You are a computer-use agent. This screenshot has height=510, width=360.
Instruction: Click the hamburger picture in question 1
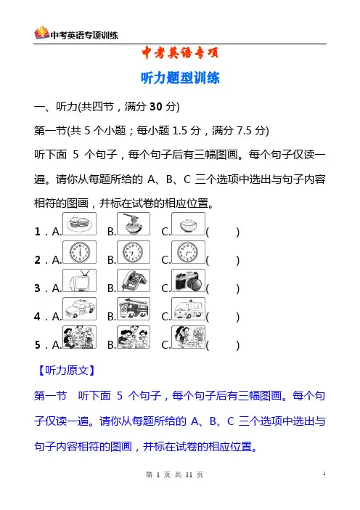79,224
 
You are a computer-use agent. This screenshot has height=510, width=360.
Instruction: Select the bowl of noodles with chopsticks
134,224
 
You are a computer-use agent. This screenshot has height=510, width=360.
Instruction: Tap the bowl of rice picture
188,224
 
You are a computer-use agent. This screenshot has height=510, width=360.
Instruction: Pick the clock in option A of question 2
79,252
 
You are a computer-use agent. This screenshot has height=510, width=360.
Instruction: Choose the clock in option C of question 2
188,252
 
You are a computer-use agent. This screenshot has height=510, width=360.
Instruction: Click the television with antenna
79,280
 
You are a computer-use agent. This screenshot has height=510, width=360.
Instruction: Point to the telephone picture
134,280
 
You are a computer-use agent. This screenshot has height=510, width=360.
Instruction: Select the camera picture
188,280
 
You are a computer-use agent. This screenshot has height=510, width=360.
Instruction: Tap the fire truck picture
134,309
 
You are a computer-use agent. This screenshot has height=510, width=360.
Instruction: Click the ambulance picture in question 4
188,309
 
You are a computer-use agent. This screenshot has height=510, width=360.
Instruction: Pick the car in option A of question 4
79,309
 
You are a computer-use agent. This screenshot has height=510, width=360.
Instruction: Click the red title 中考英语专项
180,53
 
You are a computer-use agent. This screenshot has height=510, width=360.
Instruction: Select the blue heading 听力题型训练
180,78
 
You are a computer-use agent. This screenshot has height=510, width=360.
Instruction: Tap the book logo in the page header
41,33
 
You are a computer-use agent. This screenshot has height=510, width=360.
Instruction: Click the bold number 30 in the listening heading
156,106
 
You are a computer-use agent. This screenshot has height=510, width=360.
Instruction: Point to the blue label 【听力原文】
66,371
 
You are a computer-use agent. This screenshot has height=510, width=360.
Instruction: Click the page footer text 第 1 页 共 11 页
174,475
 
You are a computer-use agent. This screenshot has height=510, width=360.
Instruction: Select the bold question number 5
37,345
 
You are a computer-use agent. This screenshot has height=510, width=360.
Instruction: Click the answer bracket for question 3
223,289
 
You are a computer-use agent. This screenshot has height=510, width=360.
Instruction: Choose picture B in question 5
134,337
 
